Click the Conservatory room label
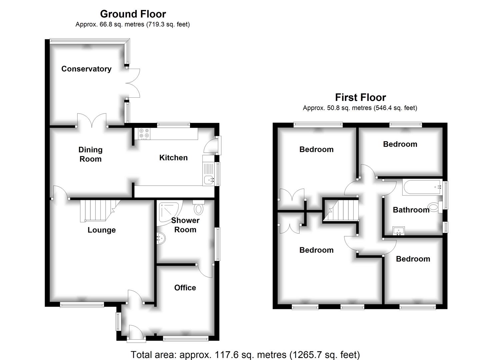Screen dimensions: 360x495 click(x=86, y=69)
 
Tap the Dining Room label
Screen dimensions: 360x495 click(x=90, y=154)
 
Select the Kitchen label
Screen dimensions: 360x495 click(x=173, y=158)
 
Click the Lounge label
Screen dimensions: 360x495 click(x=102, y=230)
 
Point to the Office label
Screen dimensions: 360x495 click(x=185, y=288)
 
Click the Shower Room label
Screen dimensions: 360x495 click(x=185, y=225)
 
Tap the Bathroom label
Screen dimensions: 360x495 click(x=411, y=210)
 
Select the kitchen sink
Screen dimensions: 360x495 click(x=209, y=180)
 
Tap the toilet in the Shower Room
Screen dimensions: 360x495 click(x=198, y=207)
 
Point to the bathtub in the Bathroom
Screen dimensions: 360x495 click(x=421, y=187)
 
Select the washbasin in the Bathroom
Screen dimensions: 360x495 click(x=398, y=231)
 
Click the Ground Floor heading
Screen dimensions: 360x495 click(x=133, y=14)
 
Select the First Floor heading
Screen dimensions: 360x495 click(x=360, y=97)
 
